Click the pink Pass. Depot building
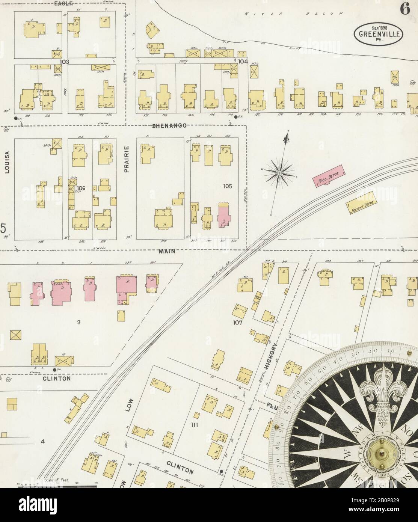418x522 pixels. [329, 175]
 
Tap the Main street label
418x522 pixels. [166, 251]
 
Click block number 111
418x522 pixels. [194, 425]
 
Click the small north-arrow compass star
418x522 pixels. [279, 172]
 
